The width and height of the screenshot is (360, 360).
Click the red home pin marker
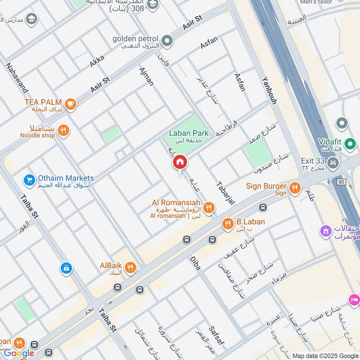pos(180,162)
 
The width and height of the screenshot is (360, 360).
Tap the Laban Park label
pos(189,133)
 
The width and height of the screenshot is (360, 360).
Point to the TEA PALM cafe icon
pos(70,104)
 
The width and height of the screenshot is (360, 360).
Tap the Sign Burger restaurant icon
pos(295,188)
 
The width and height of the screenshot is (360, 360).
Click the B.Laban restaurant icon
pos(228,224)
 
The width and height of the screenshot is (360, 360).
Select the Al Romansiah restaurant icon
pos(208,208)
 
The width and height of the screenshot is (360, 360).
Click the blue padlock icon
pos(66,269)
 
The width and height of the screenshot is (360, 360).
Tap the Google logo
pos(19,353)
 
